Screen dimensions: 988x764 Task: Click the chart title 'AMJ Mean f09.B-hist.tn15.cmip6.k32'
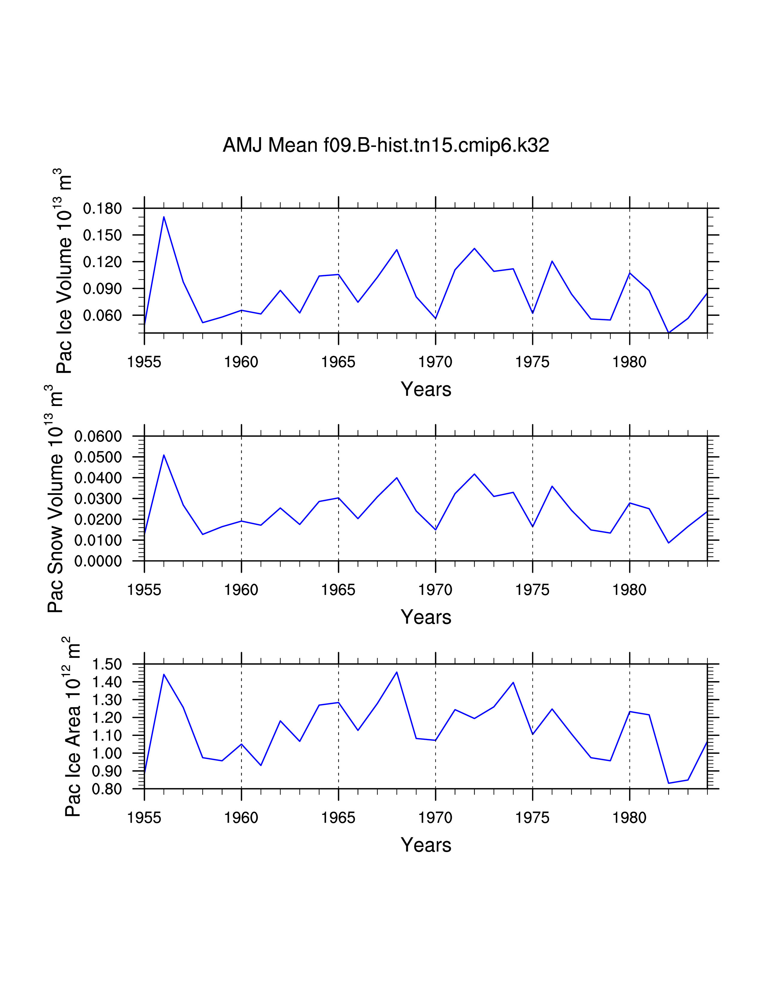(386, 145)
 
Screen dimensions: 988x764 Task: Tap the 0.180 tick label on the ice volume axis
(102, 209)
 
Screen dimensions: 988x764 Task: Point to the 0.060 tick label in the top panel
(102, 315)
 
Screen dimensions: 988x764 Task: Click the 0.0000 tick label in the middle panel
(98, 561)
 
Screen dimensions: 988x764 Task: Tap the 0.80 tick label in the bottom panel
(107, 789)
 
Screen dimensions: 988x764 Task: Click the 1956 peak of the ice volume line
(164, 217)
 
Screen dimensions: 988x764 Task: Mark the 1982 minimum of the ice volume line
(668, 333)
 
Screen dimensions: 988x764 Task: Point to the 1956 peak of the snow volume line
(164, 455)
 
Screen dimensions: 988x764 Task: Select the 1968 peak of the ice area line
(397, 672)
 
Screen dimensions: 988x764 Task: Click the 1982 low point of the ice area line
(668, 783)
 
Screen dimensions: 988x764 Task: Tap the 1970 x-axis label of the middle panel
(435, 590)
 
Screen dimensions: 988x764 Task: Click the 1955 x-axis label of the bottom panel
(144, 818)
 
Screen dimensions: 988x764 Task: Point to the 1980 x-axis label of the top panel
(629, 362)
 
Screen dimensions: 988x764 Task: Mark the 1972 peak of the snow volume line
(474, 474)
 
